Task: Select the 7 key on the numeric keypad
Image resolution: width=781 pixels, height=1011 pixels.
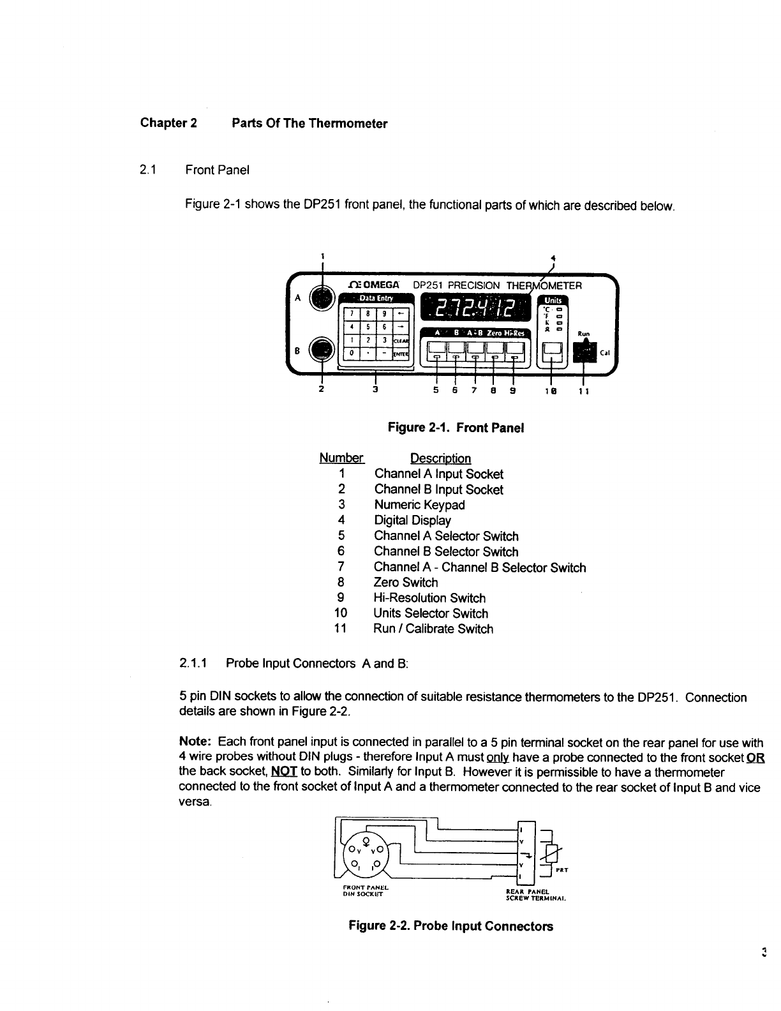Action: [350, 313]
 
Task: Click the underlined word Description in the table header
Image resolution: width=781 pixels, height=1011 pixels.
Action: [440, 458]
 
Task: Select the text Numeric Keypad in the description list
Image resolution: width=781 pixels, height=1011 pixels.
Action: [419, 505]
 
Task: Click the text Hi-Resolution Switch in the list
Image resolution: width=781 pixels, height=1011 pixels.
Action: [429, 598]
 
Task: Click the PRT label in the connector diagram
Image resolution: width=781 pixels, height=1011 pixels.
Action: [562, 870]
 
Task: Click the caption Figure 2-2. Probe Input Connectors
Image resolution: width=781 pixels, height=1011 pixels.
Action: [450, 925]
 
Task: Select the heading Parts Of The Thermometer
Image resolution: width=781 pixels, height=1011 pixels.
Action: [309, 123]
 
